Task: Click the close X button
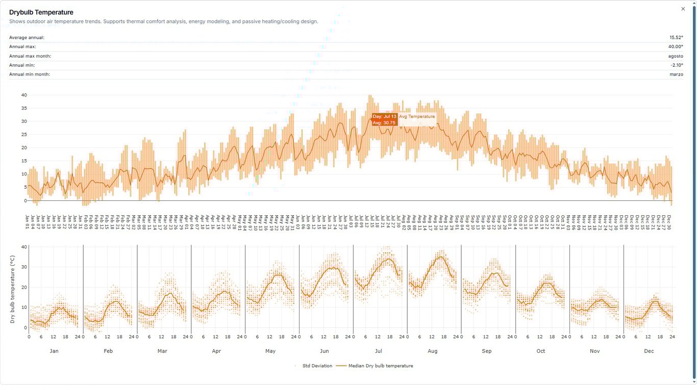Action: pyautogui.click(x=683, y=9)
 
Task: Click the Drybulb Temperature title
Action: pyautogui.click(x=41, y=12)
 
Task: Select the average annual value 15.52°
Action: pyautogui.click(x=676, y=38)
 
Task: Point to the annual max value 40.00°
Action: pyautogui.click(x=676, y=47)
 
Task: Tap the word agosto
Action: pyautogui.click(x=676, y=56)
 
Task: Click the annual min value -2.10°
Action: pyautogui.click(x=677, y=65)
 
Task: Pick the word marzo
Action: pyautogui.click(x=676, y=74)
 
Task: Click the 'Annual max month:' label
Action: pyautogui.click(x=30, y=56)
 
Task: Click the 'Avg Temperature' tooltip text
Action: pyautogui.click(x=417, y=117)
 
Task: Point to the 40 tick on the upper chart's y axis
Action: pyautogui.click(x=24, y=95)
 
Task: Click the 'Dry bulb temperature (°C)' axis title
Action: pyautogui.click(x=12, y=289)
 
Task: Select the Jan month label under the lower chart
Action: pyautogui.click(x=54, y=351)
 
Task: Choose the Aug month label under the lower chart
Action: pyautogui.click(x=433, y=351)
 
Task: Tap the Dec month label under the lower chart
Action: pyautogui.click(x=649, y=351)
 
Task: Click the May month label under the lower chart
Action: pyautogui.click(x=270, y=351)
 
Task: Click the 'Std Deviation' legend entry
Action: pyautogui.click(x=317, y=366)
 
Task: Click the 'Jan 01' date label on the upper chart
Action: pyautogui.click(x=28, y=222)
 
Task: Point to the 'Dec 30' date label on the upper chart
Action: pyautogui.click(x=669, y=222)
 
